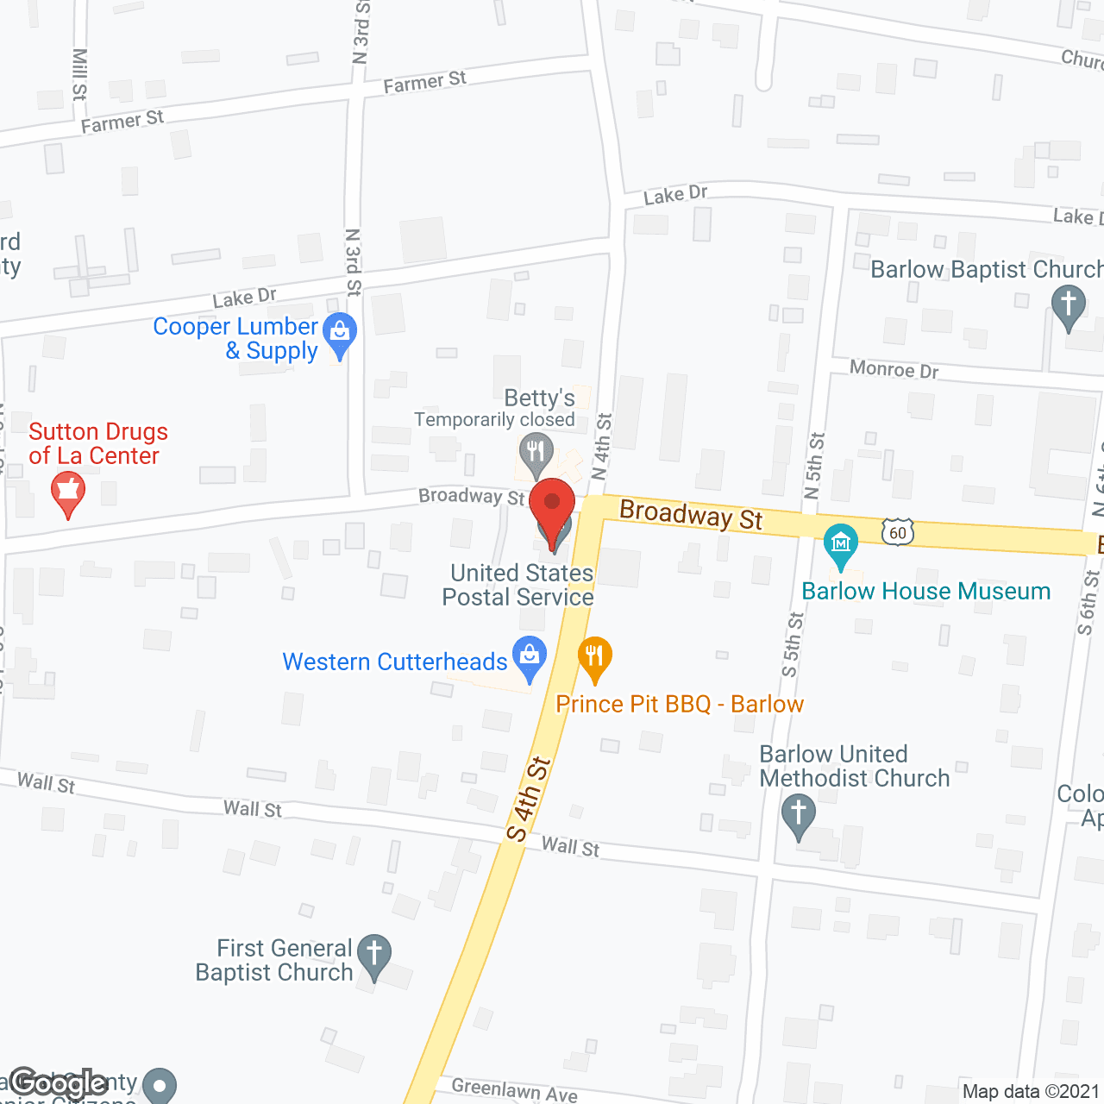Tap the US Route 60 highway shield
tap(898, 532)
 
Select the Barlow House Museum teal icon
tap(840, 543)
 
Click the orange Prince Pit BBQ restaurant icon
tap(594, 656)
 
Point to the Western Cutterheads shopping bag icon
tap(530, 656)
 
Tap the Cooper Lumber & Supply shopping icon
tap(340, 333)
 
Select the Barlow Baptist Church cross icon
tap(1069, 305)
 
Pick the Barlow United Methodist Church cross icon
tap(799, 813)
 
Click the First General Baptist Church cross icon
tap(374, 955)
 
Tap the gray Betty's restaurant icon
tap(536, 452)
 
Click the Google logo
tap(59, 1083)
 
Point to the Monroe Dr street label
tap(894, 369)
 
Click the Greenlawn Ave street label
tap(514, 1090)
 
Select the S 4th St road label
tap(528, 799)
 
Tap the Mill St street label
tap(79, 73)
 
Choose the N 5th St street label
tap(814, 465)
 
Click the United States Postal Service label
tap(519, 585)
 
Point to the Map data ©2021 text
tap(1031, 1092)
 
